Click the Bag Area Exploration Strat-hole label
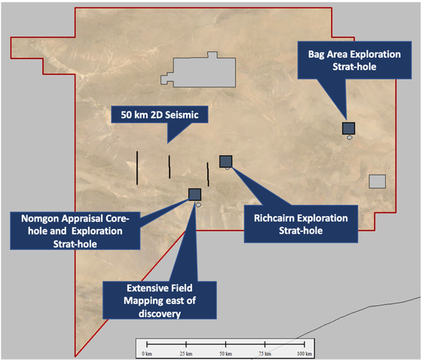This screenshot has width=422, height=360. pyautogui.click(x=354, y=60)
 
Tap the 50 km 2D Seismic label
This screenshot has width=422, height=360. pyautogui.click(x=160, y=114)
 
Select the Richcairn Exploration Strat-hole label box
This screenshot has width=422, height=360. pyautogui.click(x=301, y=224)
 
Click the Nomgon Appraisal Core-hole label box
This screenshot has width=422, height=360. pyautogui.click(x=75, y=231)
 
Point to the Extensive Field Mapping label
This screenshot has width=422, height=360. pyautogui.click(x=160, y=301)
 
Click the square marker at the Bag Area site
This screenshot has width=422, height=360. pyautogui.click(x=348, y=128)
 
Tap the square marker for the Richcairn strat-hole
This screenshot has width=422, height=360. pyautogui.click(x=226, y=161)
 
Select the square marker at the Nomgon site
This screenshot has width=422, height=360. pyautogui.click(x=194, y=194)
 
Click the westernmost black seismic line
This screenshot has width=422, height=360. pyautogui.click(x=137, y=168)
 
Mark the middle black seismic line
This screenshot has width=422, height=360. pyautogui.click(x=170, y=166)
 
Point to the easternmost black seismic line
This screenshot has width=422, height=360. pyautogui.click(x=208, y=174)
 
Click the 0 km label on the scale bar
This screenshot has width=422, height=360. pyautogui.click(x=147, y=353)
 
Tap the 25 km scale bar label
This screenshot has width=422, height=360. pyautogui.click(x=186, y=353)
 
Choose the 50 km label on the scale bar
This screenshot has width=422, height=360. pyautogui.click(x=225, y=353)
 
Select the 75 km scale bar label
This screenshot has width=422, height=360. pyautogui.click(x=265, y=353)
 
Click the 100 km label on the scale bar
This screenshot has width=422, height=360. pyautogui.click(x=304, y=353)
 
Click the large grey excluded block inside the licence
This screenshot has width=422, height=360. pyautogui.click(x=203, y=72)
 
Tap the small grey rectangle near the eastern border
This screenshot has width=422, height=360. pyautogui.click(x=377, y=182)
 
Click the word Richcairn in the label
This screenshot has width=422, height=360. pyautogui.click(x=273, y=218)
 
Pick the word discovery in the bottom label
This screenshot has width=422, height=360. pyautogui.click(x=160, y=314)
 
